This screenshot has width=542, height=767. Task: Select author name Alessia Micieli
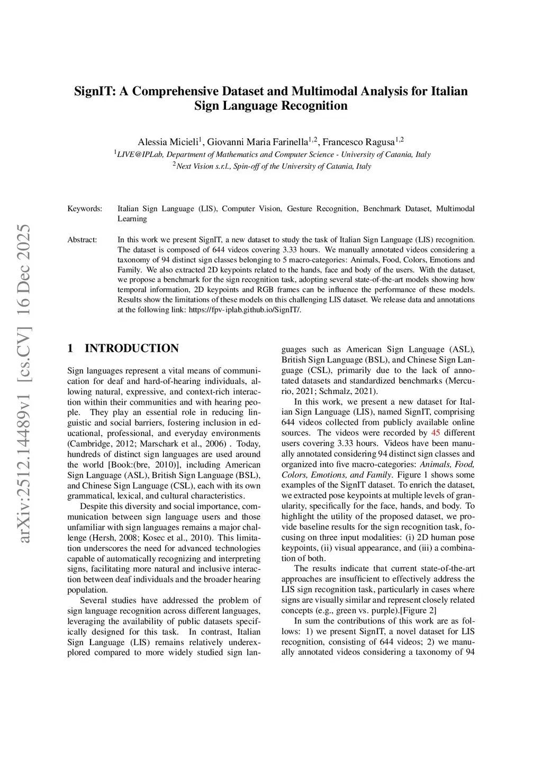pos(168,142)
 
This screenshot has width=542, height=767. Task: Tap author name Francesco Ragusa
pos(358,142)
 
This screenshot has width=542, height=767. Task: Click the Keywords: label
pos(85,209)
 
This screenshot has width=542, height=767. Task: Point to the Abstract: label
pos(82,240)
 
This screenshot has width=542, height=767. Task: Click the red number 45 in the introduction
pos(436,433)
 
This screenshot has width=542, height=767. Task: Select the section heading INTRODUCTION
pos(132,349)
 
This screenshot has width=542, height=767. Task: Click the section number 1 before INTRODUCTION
pos(70,349)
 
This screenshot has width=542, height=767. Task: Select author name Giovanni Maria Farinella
pos(257,142)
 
